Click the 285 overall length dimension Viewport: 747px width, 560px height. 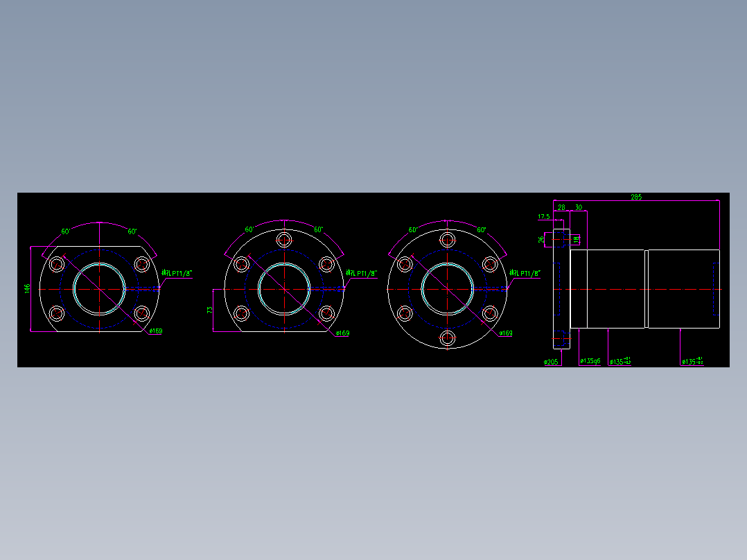635,197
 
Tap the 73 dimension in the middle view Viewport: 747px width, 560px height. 210,310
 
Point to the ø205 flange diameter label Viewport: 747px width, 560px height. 552,362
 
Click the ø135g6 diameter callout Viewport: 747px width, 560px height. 590,361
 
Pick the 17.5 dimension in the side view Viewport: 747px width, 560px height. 544,217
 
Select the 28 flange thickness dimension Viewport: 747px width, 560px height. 561,207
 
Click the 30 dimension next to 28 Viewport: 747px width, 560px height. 578,207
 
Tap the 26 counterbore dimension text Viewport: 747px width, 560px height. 542,239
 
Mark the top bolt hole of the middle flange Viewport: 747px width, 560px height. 284,240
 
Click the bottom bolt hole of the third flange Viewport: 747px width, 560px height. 448,338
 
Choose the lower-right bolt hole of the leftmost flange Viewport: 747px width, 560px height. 141,313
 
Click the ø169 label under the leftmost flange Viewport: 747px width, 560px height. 155,331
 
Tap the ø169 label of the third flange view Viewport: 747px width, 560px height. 506,333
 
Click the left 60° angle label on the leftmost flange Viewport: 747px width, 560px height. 66,231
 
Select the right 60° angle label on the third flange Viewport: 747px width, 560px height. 482,230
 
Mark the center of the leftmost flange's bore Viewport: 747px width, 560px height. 100,288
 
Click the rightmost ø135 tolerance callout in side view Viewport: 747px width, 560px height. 692,361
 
